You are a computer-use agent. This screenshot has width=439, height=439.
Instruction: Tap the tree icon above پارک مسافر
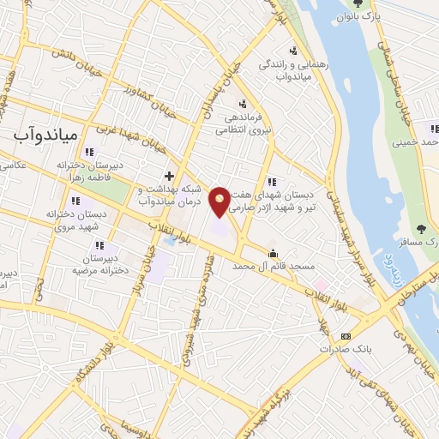pyautogui.click(x=420, y=228)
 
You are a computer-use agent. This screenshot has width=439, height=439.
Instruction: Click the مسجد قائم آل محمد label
pyautogui.click(x=273, y=268)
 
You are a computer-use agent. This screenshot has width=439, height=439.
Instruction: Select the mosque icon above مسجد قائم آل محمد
pyautogui.click(x=273, y=254)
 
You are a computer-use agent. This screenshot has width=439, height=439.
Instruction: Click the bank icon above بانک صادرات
pyautogui.click(x=346, y=337)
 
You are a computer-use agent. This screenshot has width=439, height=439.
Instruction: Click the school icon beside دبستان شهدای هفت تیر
pyautogui.click(x=272, y=182)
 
